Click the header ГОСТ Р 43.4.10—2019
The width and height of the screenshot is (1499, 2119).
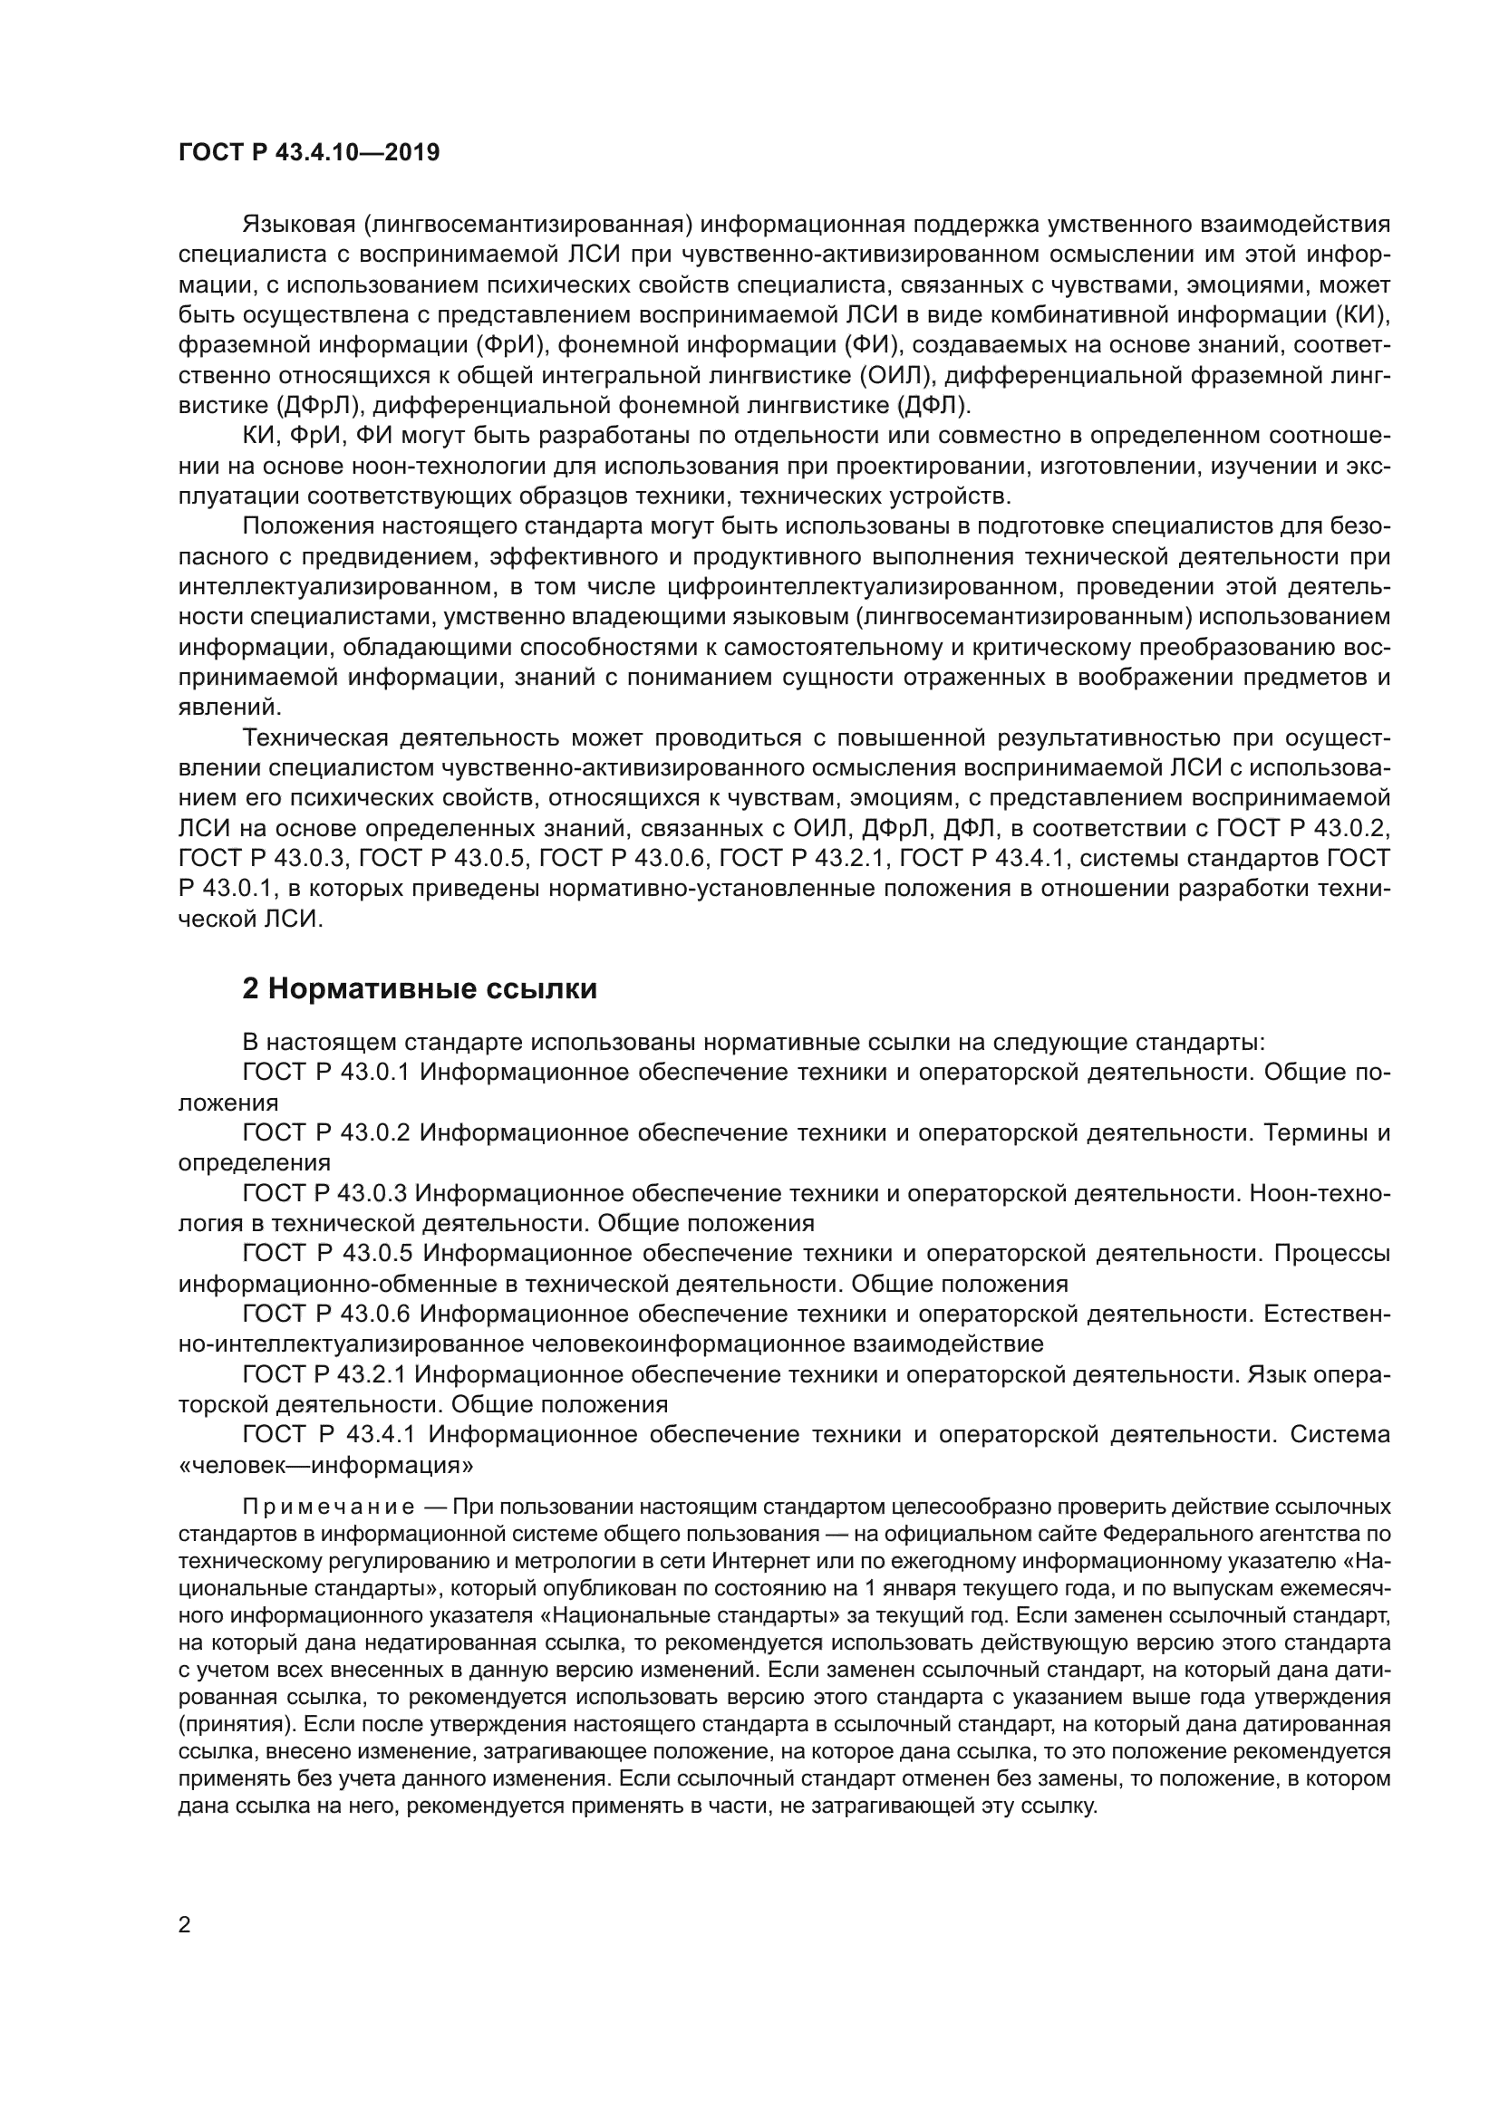pyautogui.click(x=308, y=152)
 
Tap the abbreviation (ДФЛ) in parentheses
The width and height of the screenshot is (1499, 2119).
pyautogui.click(x=933, y=406)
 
